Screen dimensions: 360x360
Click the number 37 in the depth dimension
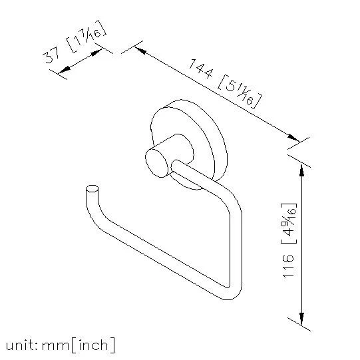click(x=51, y=57)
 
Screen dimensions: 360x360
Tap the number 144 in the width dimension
click(x=201, y=69)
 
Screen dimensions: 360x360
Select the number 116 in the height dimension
click(x=288, y=266)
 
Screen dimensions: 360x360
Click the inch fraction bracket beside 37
click(x=87, y=37)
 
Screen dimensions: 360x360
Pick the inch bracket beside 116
click(x=289, y=223)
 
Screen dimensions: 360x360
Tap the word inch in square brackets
click(x=93, y=345)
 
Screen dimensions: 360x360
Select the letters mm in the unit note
click(x=55, y=346)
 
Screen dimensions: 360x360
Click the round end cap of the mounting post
click(x=157, y=163)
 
